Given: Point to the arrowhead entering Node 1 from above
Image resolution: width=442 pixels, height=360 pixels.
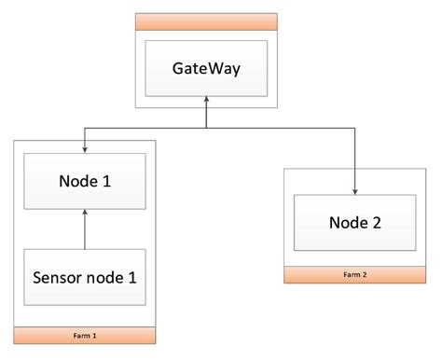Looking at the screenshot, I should click(85, 148).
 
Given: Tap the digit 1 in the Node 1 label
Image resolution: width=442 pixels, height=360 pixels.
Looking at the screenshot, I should click(107, 182).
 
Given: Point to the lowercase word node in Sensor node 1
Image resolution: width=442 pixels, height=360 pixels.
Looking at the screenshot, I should click(108, 277).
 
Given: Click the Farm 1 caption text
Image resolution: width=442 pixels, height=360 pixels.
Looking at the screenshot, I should click(85, 335).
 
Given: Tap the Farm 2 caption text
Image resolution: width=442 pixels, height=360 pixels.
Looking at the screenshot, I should click(354, 275).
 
